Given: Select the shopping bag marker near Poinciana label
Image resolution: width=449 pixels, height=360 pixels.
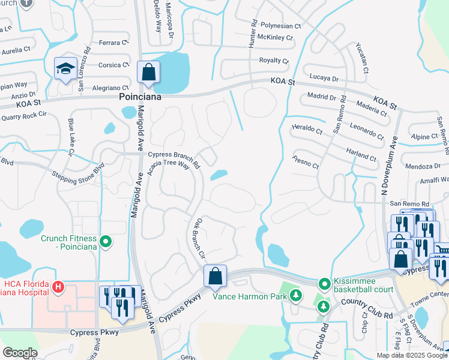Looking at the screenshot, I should [148, 73].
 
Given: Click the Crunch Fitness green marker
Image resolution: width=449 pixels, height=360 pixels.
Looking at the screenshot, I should [106, 242].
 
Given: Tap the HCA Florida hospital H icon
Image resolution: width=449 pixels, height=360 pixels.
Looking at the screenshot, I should [58, 287].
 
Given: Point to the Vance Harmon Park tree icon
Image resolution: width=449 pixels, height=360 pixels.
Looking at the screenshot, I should [295, 295].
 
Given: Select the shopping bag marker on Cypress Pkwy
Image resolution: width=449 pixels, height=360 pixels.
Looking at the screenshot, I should [215, 277].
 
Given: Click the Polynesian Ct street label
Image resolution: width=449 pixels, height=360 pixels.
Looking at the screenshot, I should [281, 26].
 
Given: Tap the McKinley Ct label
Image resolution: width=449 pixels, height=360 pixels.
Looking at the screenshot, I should [275, 37].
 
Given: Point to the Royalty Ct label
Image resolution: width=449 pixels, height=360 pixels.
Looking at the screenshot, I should [274, 61].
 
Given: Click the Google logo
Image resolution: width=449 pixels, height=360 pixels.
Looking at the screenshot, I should [20, 353].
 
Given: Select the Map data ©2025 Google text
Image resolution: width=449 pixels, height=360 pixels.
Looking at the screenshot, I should [412, 355].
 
